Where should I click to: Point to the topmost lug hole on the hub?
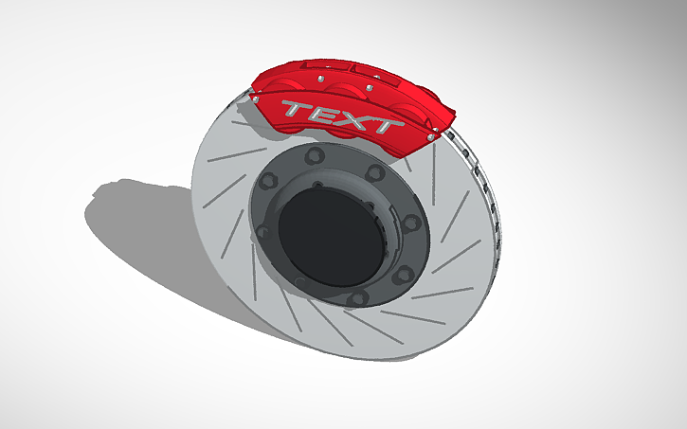point(316,155)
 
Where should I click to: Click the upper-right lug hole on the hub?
point(376,172)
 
